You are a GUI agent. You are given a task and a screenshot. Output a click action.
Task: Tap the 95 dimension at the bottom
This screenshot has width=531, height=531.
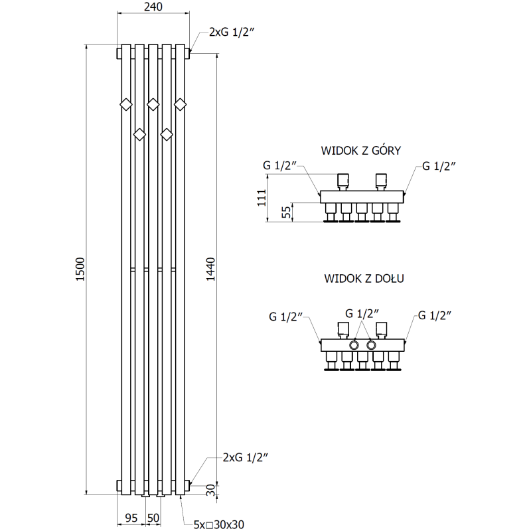(x=131, y=516)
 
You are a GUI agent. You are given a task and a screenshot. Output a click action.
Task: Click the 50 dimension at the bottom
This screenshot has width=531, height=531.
(x=153, y=516)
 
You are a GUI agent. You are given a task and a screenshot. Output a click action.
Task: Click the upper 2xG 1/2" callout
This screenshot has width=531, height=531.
(x=232, y=31)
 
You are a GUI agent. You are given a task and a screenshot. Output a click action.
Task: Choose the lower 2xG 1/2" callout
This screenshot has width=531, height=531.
(x=246, y=457)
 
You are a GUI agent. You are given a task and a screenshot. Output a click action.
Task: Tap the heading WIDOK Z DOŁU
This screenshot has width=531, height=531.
(x=364, y=279)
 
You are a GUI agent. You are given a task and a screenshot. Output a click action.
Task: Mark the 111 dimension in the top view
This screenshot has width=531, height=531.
(x=262, y=197)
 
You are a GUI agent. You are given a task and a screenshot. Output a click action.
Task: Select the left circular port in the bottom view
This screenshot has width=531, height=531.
(x=355, y=345)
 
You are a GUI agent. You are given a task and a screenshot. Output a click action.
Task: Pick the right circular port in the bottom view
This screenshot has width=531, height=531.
(x=371, y=345)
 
